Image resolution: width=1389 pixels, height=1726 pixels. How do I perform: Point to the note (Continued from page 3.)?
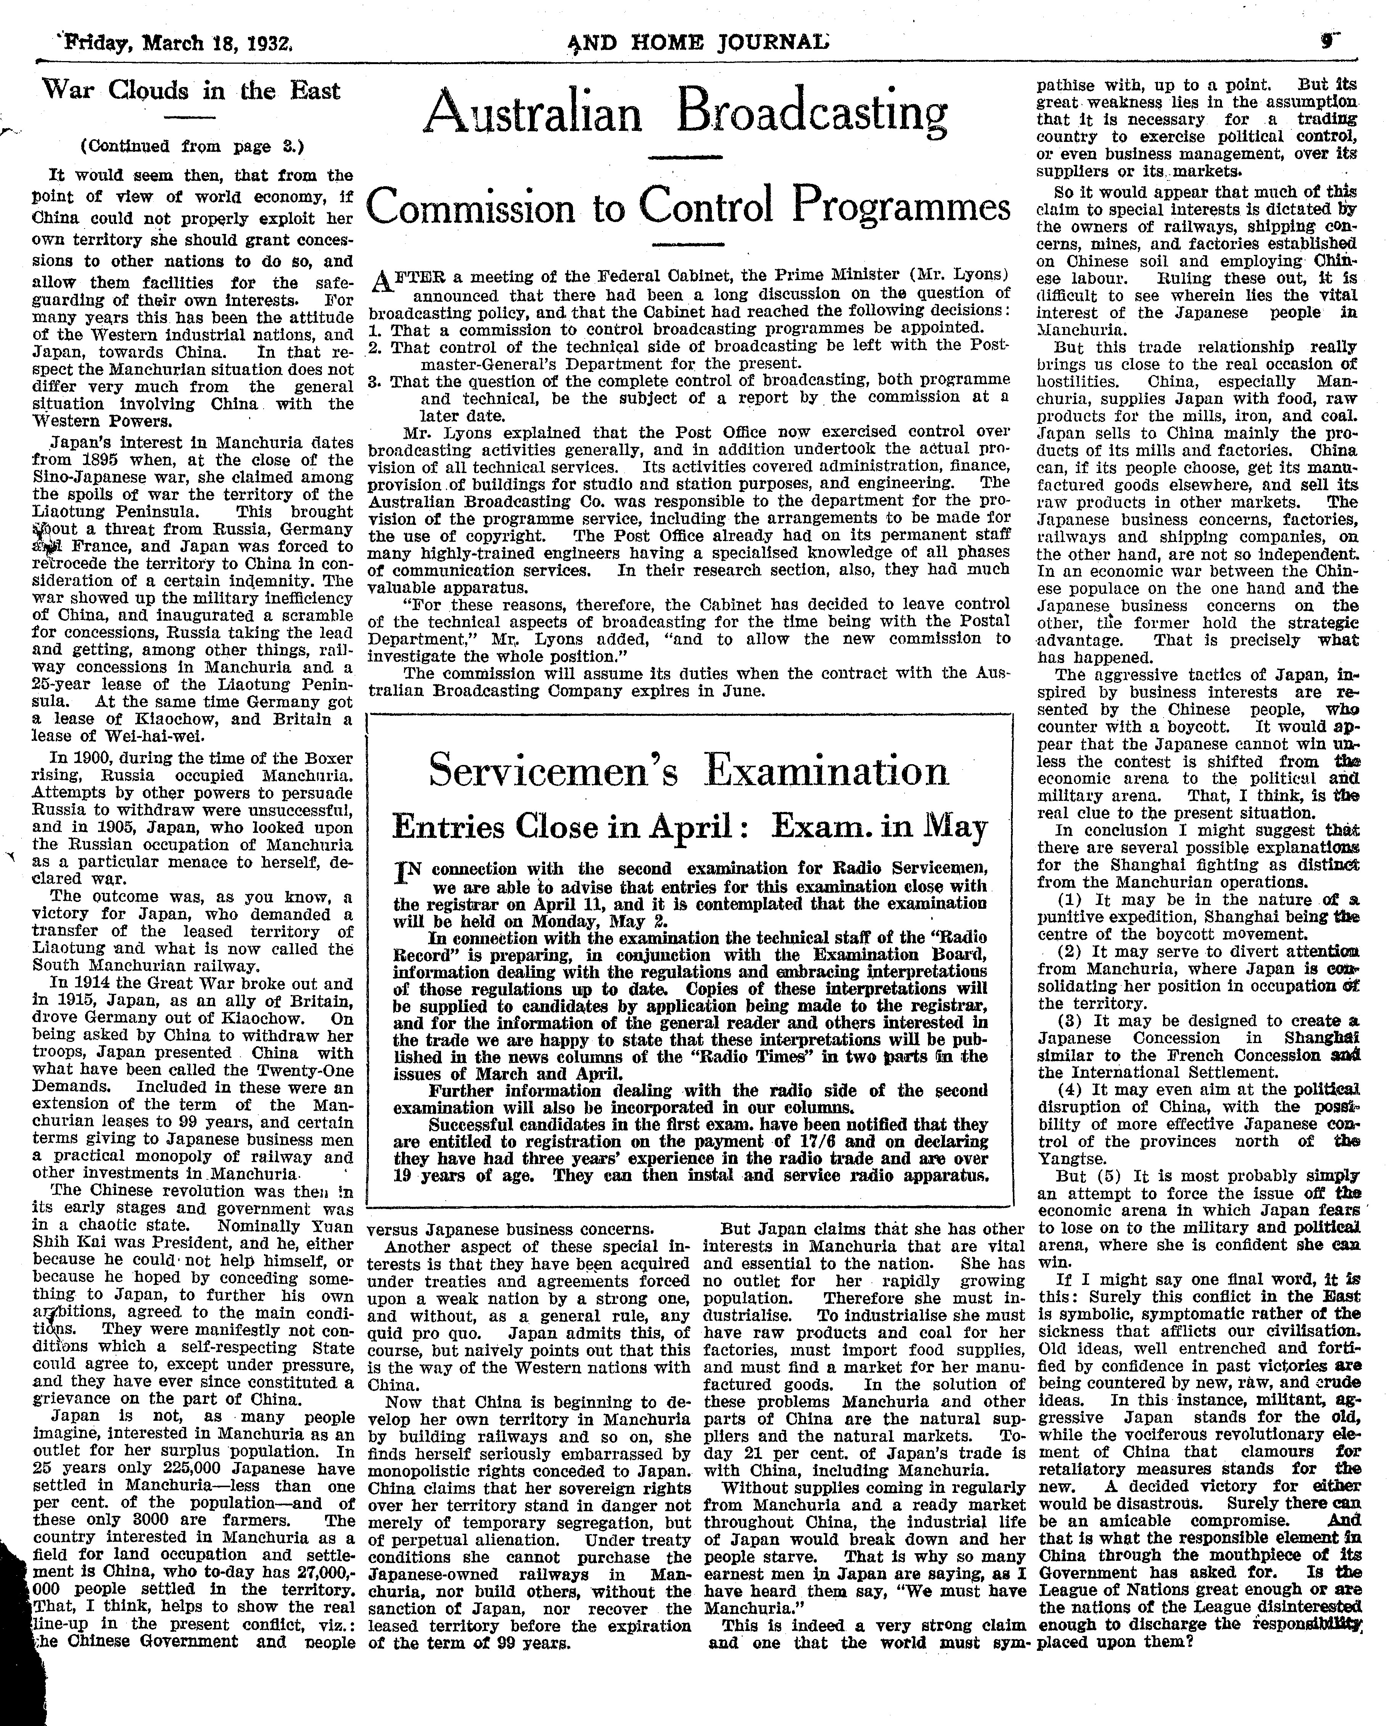[x=192, y=147]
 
